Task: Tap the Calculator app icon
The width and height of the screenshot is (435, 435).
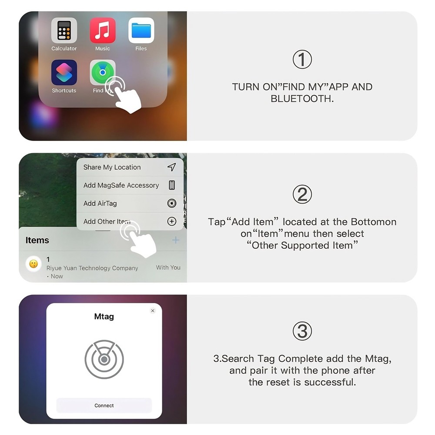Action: tap(64, 30)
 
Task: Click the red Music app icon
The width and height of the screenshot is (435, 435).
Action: tap(103, 30)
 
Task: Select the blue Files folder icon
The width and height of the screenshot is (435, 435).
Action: tap(141, 30)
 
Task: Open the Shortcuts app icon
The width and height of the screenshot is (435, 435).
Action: tap(64, 73)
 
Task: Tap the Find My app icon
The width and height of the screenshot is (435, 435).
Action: tap(102, 72)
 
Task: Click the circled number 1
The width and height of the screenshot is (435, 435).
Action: tap(302, 60)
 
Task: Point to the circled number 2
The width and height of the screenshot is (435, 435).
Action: tap(302, 195)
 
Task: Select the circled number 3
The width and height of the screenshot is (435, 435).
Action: tap(302, 332)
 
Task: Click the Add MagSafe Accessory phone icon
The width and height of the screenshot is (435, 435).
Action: tap(172, 185)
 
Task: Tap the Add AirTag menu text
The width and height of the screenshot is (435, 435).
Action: tap(100, 203)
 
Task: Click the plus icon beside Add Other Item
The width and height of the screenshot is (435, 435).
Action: tap(172, 221)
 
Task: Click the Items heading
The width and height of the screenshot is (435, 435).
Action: tap(37, 240)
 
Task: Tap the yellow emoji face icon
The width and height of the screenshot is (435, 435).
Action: tap(33, 264)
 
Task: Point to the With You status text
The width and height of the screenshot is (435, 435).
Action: tap(168, 268)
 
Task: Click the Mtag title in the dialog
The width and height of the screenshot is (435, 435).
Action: tap(104, 317)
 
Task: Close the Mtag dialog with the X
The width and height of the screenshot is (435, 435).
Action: tap(153, 311)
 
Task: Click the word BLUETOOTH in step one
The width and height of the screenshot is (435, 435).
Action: tap(301, 99)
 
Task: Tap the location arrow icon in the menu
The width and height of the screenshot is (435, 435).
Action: tap(172, 167)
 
